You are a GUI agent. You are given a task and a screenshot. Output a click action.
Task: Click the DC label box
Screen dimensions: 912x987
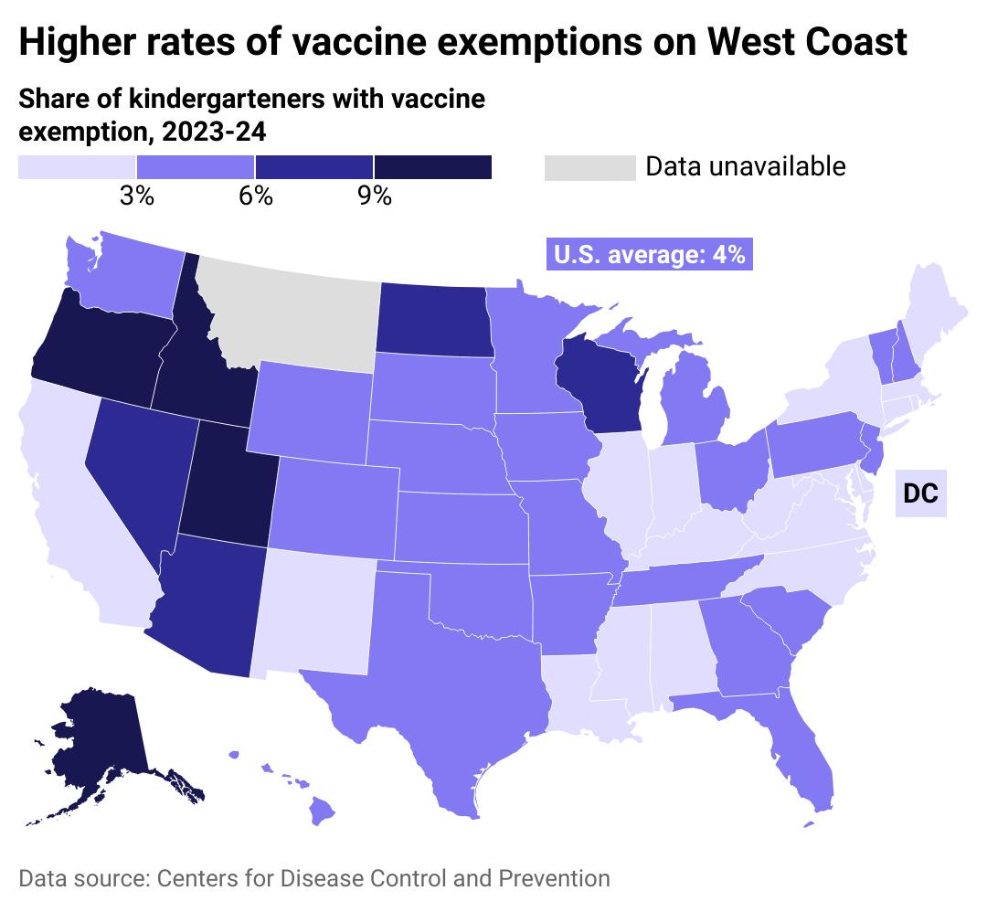[920, 493]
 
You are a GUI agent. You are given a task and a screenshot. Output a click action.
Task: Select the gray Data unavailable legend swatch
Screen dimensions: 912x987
[589, 168]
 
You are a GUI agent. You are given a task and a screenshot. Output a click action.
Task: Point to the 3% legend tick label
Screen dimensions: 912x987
[137, 196]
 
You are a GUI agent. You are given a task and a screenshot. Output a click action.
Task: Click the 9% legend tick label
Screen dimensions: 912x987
[374, 196]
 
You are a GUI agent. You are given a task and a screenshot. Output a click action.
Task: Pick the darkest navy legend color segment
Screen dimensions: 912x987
[433, 167]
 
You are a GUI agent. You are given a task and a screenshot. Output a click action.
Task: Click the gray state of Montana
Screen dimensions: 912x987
[288, 311]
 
